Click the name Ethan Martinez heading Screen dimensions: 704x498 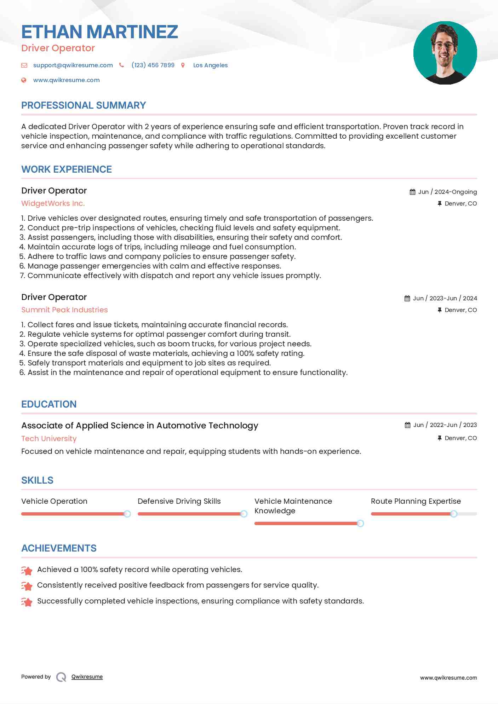click(99, 32)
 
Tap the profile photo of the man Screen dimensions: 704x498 click(445, 53)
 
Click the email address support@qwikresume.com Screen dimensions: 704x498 click(73, 65)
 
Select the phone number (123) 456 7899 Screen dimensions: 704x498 click(153, 65)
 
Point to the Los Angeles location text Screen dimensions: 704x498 click(210, 65)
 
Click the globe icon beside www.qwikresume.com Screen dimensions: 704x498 click(24, 80)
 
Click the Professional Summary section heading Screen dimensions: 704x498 click(84, 105)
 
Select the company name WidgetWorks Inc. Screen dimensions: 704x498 click(53, 203)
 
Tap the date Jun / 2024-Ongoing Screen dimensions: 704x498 click(447, 192)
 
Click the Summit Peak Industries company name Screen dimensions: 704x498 click(64, 310)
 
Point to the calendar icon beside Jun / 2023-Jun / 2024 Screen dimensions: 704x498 click(407, 298)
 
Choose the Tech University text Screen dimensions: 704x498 click(49, 439)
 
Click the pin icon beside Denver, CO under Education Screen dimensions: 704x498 click(440, 438)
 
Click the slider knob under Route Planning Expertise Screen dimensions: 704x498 click(454, 514)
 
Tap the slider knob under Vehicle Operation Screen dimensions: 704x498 click(127, 514)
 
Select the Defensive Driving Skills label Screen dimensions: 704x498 click(179, 501)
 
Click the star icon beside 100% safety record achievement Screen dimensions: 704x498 click(27, 570)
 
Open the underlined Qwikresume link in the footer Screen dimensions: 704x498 click(87, 677)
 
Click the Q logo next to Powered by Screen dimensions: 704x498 click(61, 677)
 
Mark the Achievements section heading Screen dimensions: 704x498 click(59, 548)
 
